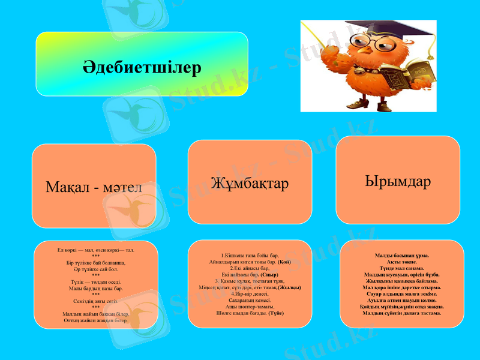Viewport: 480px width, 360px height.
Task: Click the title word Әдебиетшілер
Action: (x=142, y=67)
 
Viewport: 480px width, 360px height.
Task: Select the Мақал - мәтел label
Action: (x=94, y=187)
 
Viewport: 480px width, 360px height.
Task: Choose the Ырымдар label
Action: (x=397, y=181)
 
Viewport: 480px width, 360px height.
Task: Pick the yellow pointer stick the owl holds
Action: (x=318, y=36)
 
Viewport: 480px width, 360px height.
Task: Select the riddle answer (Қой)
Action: (x=284, y=262)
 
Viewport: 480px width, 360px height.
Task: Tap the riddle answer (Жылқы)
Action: (x=289, y=287)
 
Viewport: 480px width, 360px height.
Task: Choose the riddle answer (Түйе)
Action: (x=276, y=313)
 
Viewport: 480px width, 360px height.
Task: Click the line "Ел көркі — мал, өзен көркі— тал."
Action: (x=95, y=249)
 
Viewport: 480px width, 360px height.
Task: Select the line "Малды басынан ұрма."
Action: (x=401, y=255)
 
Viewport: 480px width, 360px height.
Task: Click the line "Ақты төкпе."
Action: (x=401, y=262)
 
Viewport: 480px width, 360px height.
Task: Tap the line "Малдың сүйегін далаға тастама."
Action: (x=401, y=313)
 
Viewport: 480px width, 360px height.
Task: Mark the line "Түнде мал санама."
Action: (x=401, y=268)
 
